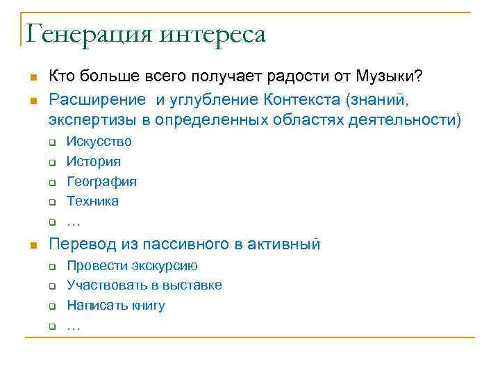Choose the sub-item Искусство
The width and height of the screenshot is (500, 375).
point(99,142)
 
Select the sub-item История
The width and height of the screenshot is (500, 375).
point(93,162)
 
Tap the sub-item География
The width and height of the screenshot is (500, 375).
point(101,182)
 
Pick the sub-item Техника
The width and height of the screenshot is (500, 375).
point(92,201)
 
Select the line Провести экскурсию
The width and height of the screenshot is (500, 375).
point(132,266)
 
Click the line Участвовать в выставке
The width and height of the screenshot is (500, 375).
point(144,285)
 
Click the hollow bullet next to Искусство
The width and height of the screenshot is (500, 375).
point(51,143)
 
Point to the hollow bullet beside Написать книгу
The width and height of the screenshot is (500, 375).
point(51,307)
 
